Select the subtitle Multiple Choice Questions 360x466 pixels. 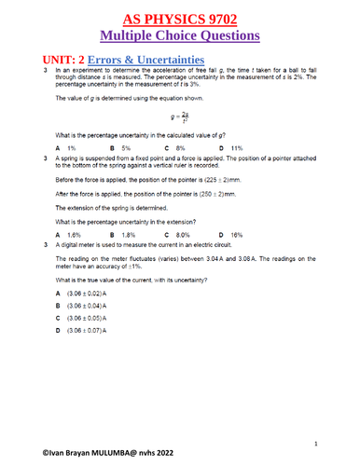180,36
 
